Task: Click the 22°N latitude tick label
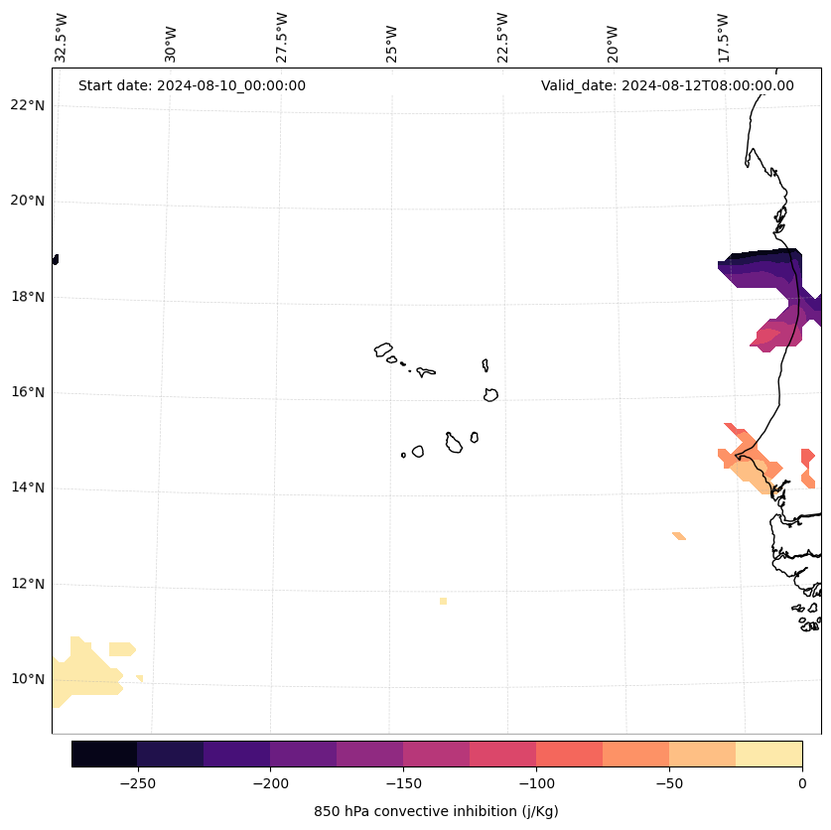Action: pyautogui.click(x=27, y=105)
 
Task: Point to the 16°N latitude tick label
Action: pyautogui.click(x=27, y=392)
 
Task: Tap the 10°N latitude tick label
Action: pyautogui.click(x=27, y=679)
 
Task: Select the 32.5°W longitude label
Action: pyautogui.click(x=62, y=38)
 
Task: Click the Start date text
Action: pyautogui.click(x=192, y=85)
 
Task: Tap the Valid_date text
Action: pyautogui.click(x=667, y=85)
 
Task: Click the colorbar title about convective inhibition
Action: pyautogui.click(x=436, y=811)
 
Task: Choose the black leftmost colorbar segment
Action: pyautogui.click(x=104, y=754)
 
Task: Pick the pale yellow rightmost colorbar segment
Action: pyautogui.click(x=768, y=754)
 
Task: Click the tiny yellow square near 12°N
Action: pyautogui.click(x=443, y=601)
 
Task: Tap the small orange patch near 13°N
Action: pyautogui.click(x=679, y=536)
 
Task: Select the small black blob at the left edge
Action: pyautogui.click(x=55, y=259)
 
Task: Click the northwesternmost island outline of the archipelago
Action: pyautogui.click(x=383, y=349)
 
